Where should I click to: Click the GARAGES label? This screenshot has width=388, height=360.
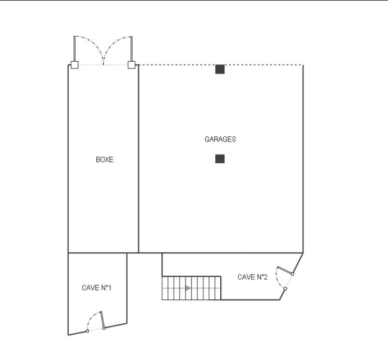[220, 139]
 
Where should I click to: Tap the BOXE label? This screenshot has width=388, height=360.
[104, 159]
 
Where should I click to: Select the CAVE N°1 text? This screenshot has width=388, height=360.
[96, 288]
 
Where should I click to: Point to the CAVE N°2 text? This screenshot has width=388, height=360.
[252, 277]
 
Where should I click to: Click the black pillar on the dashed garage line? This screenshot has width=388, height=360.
[220, 70]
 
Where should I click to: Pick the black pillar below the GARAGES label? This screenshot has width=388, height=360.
[220, 159]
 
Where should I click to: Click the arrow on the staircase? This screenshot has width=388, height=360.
[188, 288]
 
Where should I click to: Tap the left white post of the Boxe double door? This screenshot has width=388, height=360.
[75, 65]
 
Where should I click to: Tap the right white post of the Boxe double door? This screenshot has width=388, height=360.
[131, 65]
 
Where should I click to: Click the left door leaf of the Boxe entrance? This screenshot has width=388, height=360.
[75, 49]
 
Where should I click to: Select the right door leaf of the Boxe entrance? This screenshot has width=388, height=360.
[131, 49]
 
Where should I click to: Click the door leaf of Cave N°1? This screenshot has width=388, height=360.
[102, 319]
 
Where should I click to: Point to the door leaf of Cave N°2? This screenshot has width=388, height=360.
[285, 270]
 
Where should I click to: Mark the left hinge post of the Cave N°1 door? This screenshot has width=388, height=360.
[87, 331]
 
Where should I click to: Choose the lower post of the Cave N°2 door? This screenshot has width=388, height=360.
[285, 289]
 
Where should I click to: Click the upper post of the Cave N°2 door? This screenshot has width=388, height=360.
[292, 274]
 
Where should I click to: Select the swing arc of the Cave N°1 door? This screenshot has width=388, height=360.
[91, 317]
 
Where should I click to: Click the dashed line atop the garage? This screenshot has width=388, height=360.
[221, 65]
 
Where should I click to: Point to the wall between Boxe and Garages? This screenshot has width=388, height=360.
[139, 159]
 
